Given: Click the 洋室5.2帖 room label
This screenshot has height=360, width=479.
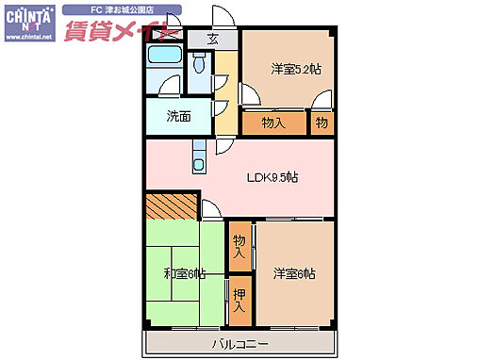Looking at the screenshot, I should [x=296, y=68].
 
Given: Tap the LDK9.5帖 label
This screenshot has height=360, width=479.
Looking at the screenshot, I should [x=273, y=177].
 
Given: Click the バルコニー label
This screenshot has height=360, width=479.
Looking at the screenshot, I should [x=240, y=343].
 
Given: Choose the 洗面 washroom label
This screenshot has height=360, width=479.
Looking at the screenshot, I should [x=179, y=117].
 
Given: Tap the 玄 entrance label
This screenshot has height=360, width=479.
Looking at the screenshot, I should [x=213, y=40].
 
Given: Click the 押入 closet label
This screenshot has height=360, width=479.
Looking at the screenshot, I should [x=239, y=300].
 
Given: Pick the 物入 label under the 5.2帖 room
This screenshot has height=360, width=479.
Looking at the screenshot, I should [x=273, y=123].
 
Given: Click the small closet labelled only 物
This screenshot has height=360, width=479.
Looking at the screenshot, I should [x=322, y=123].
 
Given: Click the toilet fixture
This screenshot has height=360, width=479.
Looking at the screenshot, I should [x=198, y=64].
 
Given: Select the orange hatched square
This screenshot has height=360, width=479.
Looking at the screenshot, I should [x=172, y=205].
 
